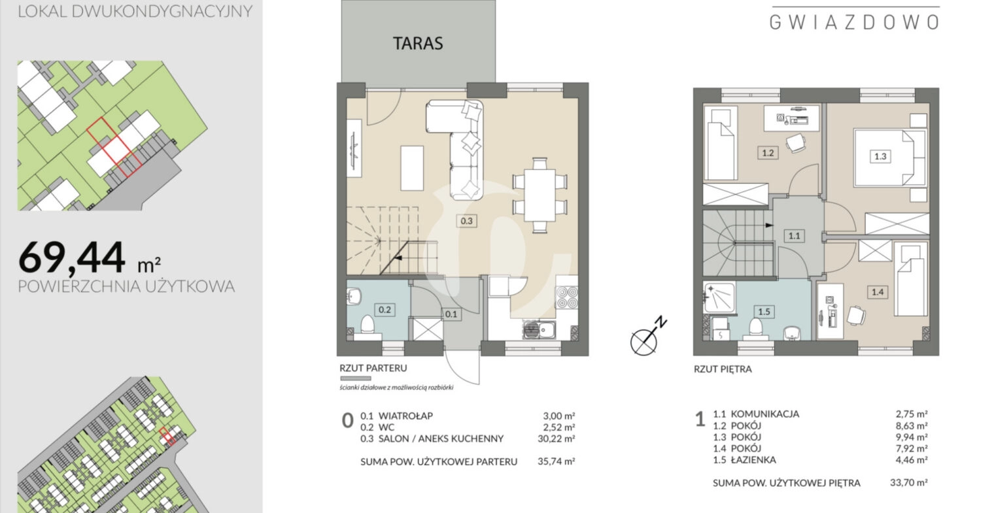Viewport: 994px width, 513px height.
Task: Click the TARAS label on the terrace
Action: pyautogui.click(x=418, y=43)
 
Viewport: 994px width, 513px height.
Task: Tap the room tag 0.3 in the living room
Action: pyautogui.click(x=466, y=221)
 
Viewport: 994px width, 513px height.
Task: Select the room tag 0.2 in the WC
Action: pyautogui.click(x=385, y=310)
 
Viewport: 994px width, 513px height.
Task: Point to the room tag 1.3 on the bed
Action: pyautogui.click(x=880, y=157)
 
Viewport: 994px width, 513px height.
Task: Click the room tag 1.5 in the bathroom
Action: pyautogui.click(x=764, y=312)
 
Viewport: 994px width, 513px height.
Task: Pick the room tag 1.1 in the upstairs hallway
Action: pyautogui.click(x=794, y=236)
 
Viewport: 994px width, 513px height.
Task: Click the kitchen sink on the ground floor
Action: pyautogui.click(x=539, y=329)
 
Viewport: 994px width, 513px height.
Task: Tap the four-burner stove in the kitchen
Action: pyautogui.click(x=567, y=297)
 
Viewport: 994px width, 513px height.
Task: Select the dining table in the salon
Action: pyautogui.click(x=540, y=195)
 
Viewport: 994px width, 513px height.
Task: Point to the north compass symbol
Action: pyautogui.click(x=647, y=337)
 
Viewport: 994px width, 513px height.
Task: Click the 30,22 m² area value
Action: pyautogui.click(x=556, y=439)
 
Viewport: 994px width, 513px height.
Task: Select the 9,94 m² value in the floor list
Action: pyautogui.click(x=912, y=437)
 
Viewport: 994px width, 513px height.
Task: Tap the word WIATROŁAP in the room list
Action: pyautogui.click(x=405, y=416)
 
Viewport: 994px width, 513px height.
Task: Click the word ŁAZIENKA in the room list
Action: pyautogui.click(x=753, y=460)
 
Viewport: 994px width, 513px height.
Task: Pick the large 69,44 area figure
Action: pyautogui.click(x=72, y=257)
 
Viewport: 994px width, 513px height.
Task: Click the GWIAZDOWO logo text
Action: pyautogui.click(x=854, y=22)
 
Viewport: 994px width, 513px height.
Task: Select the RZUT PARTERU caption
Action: pyautogui.click(x=373, y=368)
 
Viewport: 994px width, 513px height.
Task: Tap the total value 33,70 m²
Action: pyautogui.click(x=909, y=482)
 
